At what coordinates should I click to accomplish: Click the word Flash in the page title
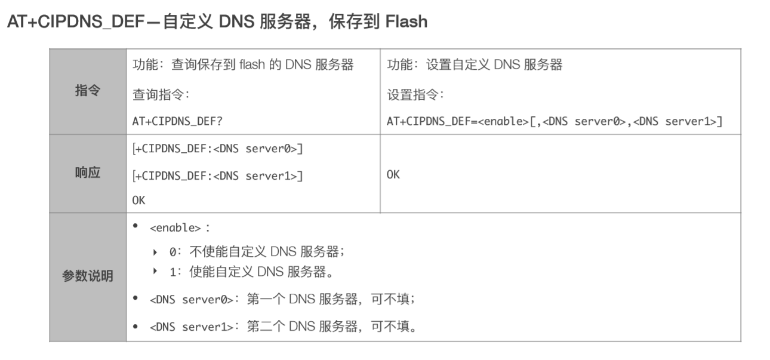click(x=406, y=22)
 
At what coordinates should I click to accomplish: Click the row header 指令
click(x=88, y=91)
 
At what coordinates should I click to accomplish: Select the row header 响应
click(x=88, y=173)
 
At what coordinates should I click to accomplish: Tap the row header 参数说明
click(x=88, y=276)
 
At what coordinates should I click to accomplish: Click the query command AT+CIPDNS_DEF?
click(x=178, y=121)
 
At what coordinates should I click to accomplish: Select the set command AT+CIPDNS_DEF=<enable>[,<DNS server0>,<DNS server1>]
click(x=555, y=121)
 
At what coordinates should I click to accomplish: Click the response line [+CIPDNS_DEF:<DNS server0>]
click(x=217, y=149)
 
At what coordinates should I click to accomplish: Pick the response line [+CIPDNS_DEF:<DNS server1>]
click(x=217, y=176)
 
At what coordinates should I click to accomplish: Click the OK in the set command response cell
click(x=393, y=175)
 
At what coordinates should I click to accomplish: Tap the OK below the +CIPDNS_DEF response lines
click(x=138, y=200)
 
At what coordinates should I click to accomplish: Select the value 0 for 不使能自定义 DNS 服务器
click(x=173, y=252)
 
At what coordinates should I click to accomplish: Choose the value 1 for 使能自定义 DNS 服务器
click(x=173, y=272)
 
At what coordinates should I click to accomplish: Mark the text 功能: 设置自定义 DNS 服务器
click(x=475, y=65)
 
